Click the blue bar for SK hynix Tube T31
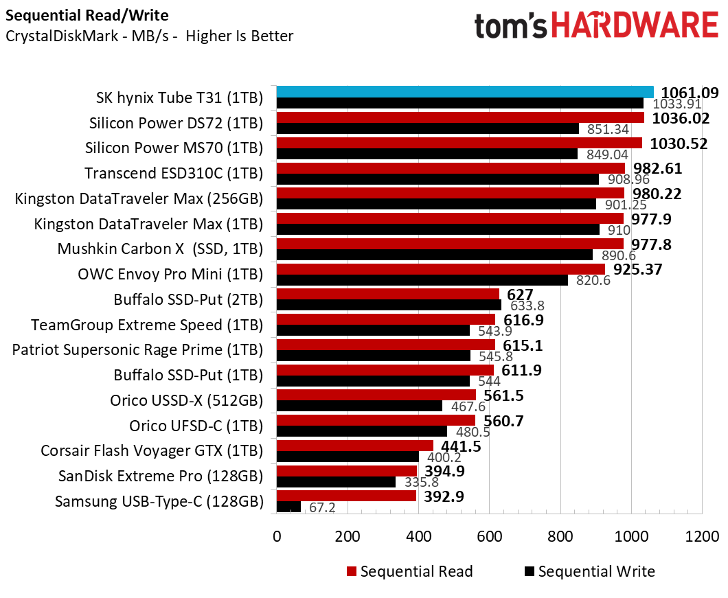pyautogui.click(x=464, y=92)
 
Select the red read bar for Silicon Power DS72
pyautogui.click(x=460, y=117)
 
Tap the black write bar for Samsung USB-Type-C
pyautogui.click(x=288, y=507)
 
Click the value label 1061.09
pyautogui.click(x=690, y=93)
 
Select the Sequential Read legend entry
pyautogui.click(x=410, y=571)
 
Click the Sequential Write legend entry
pyautogui.click(x=589, y=571)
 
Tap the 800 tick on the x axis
pyautogui.click(x=560, y=536)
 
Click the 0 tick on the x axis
pyautogui.click(x=277, y=536)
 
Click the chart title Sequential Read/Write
pyautogui.click(x=87, y=15)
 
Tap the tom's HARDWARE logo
pyautogui.click(x=595, y=26)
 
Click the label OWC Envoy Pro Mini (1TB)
pyautogui.click(x=171, y=274)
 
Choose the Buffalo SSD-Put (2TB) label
pyautogui.click(x=188, y=299)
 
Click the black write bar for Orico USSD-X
pyautogui.click(x=359, y=406)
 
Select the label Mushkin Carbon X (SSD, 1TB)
pyautogui.click(x=160, y=249)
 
